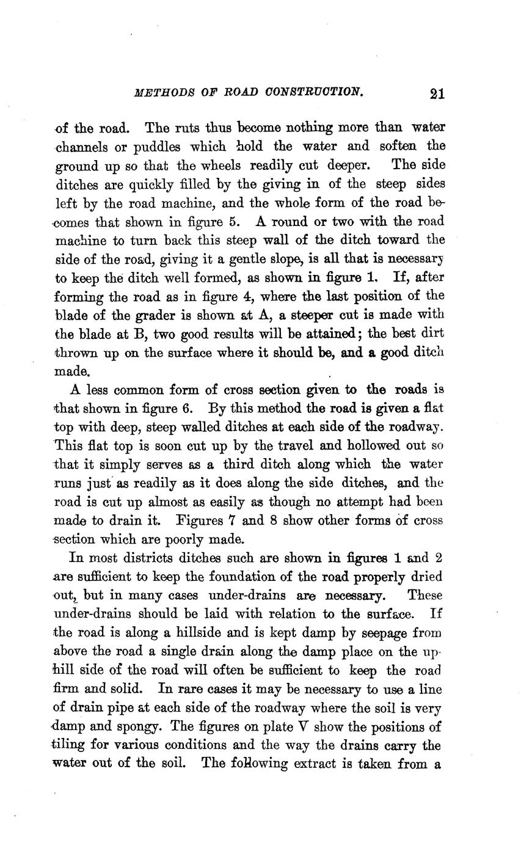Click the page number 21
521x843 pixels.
click(437, 93)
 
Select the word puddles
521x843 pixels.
click(158, 147)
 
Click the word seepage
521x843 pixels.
click(388, 632)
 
